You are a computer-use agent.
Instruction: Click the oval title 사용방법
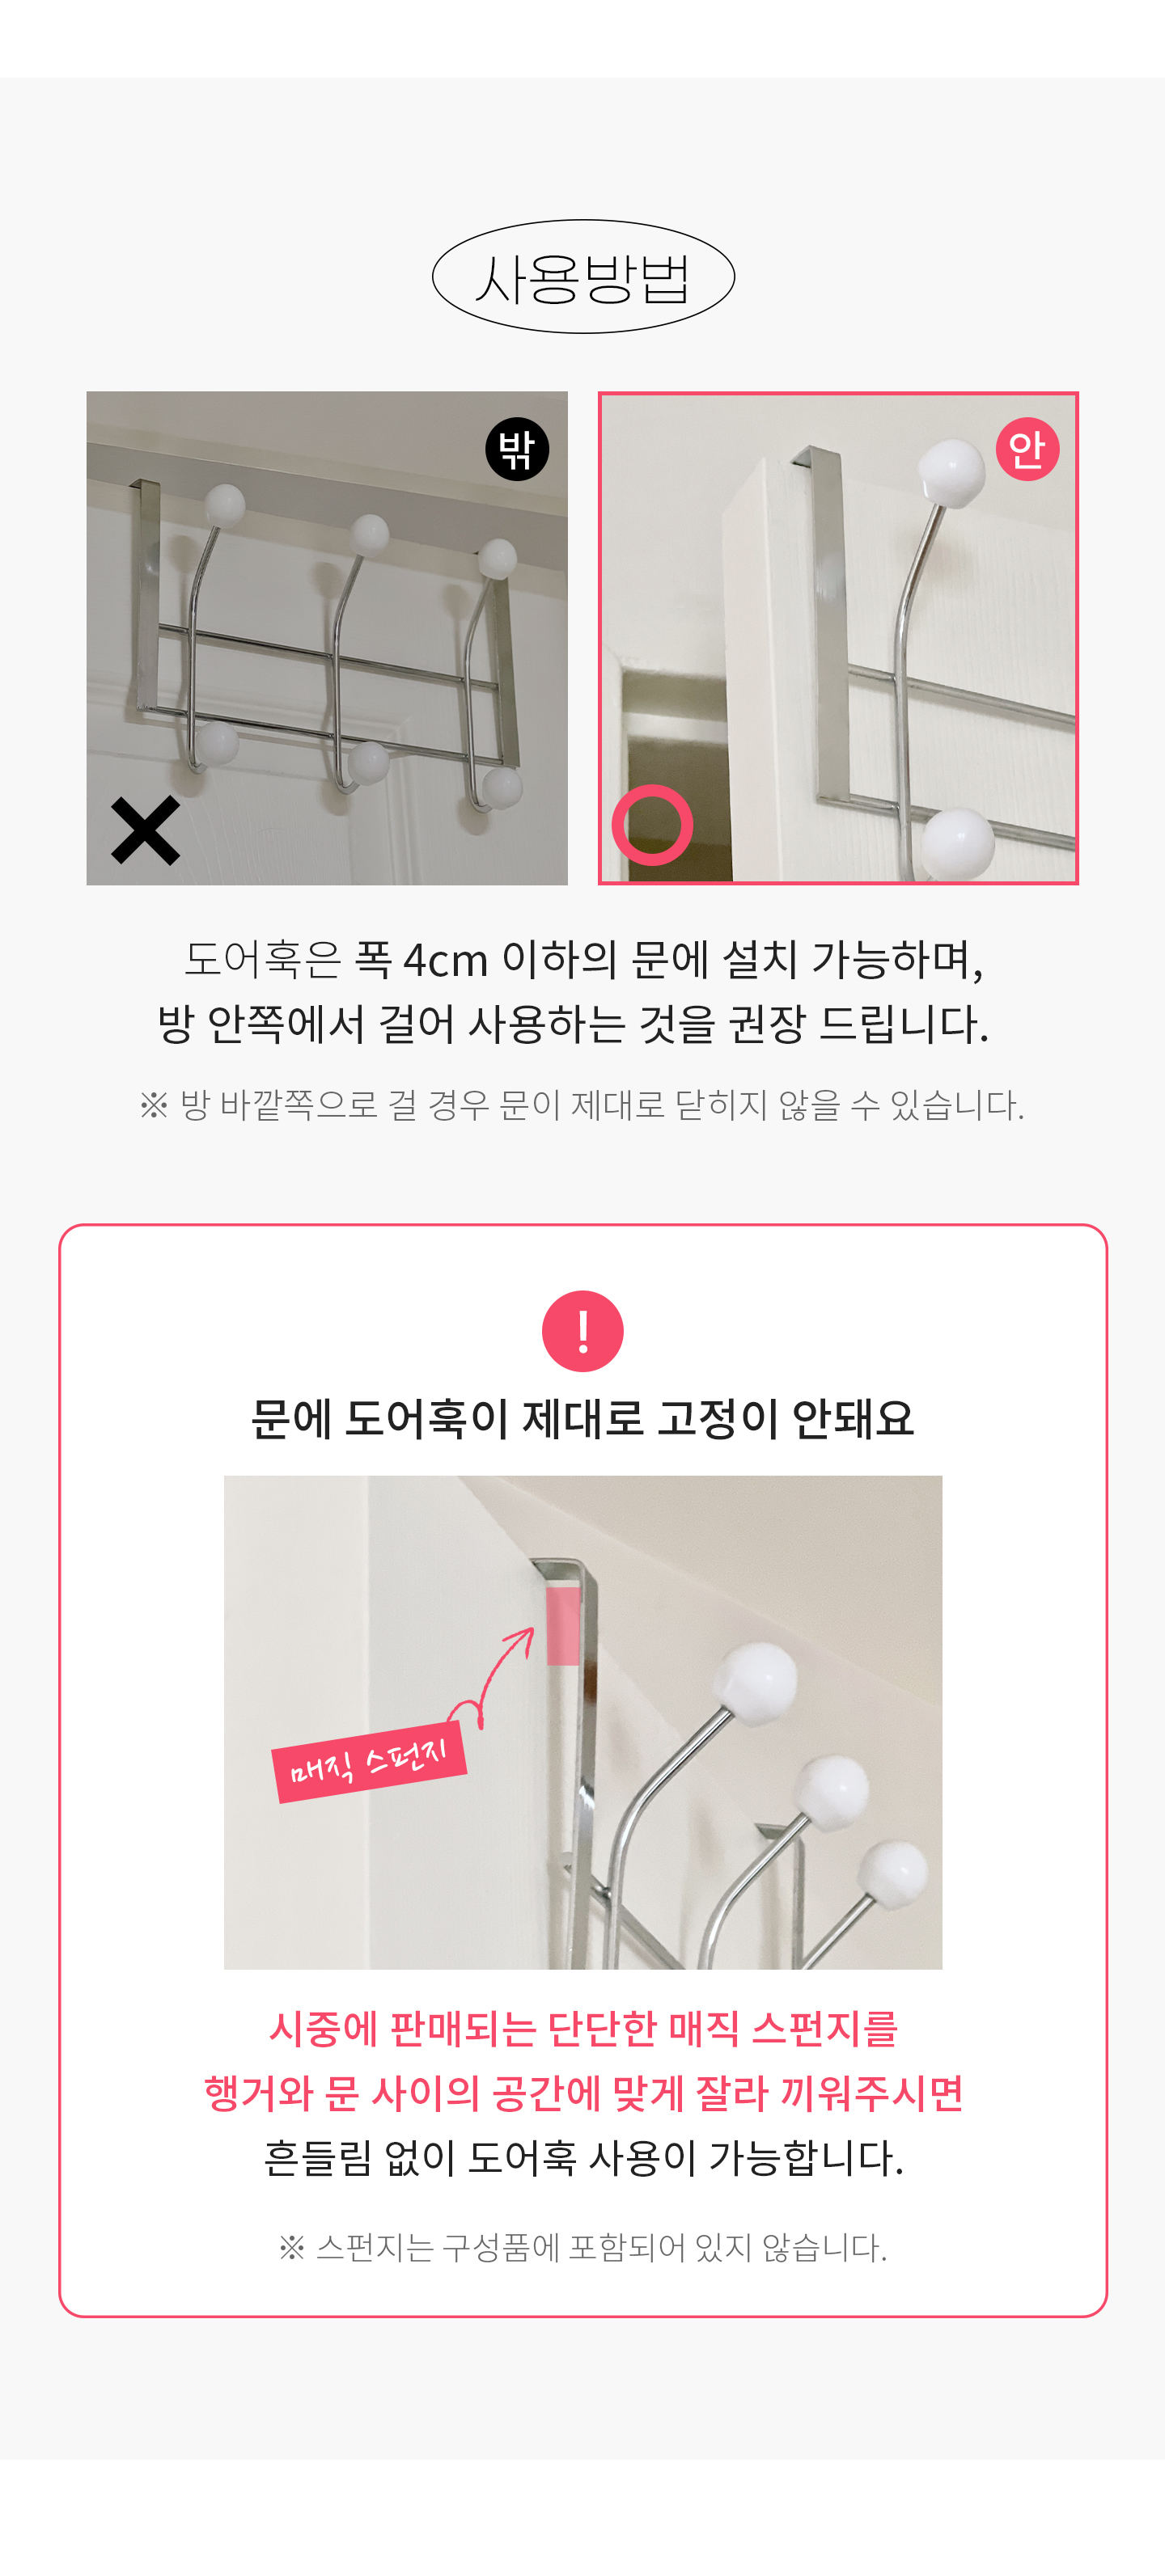tap(582, 277)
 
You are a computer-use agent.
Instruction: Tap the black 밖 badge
tap(517, 449)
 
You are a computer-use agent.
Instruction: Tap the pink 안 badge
tap(1027, 449)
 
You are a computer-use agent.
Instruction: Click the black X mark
tap(146, 830)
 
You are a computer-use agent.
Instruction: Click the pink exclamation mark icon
tap(582, 1331)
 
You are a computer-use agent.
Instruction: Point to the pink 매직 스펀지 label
tap(370, 1762)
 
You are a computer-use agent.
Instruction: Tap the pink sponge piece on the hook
tap(564, 1625)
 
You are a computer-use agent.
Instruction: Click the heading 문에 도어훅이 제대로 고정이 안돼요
tap(582, 1418)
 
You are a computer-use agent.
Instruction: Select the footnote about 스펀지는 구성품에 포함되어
tap(582, 2246)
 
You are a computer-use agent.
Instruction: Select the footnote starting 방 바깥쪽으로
tap(582, 1105)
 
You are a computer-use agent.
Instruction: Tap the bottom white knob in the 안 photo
tap(958, 844)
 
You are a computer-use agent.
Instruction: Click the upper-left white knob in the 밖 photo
tap(225, 505)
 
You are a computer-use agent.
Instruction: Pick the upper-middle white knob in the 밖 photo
tap(370, 534)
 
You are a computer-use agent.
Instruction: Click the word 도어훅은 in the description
tap(263, 961)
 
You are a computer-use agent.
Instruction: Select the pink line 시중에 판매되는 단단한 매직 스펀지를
tap(582, 2029)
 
